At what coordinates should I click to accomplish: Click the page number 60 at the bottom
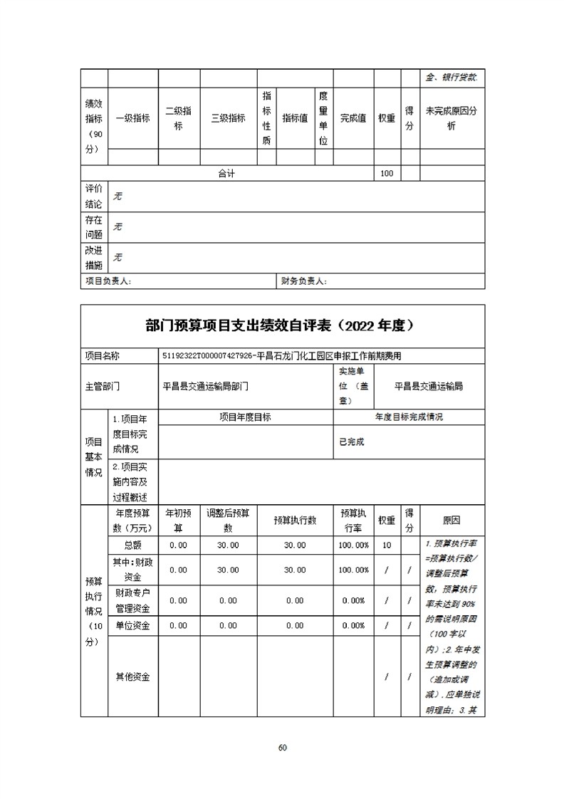(x=282, y=747)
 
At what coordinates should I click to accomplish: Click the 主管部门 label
(x=103, y=386)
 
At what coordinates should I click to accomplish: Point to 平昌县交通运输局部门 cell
(x=206, y=386)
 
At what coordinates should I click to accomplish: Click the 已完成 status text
(x=352, y=442)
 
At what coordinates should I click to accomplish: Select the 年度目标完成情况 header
(x=409, y=417)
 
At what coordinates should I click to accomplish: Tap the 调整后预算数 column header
(x=228, y=521)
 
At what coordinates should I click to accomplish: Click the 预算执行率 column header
(x=353, y=521)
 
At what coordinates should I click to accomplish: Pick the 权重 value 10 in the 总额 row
(x=387, y=545)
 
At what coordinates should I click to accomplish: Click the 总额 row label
(x=132, y=545)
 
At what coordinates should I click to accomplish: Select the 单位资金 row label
(x=132, y=625)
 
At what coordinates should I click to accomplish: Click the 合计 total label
(x=226, y=174)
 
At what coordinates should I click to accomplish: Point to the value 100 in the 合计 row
(x=387, y=174)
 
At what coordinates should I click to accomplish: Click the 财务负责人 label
(x=304, y=281)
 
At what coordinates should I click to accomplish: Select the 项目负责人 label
(x=108, y=281)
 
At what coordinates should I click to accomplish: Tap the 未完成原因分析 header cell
(x=451, y=118)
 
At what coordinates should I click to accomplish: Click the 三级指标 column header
(x=228, y=118)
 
